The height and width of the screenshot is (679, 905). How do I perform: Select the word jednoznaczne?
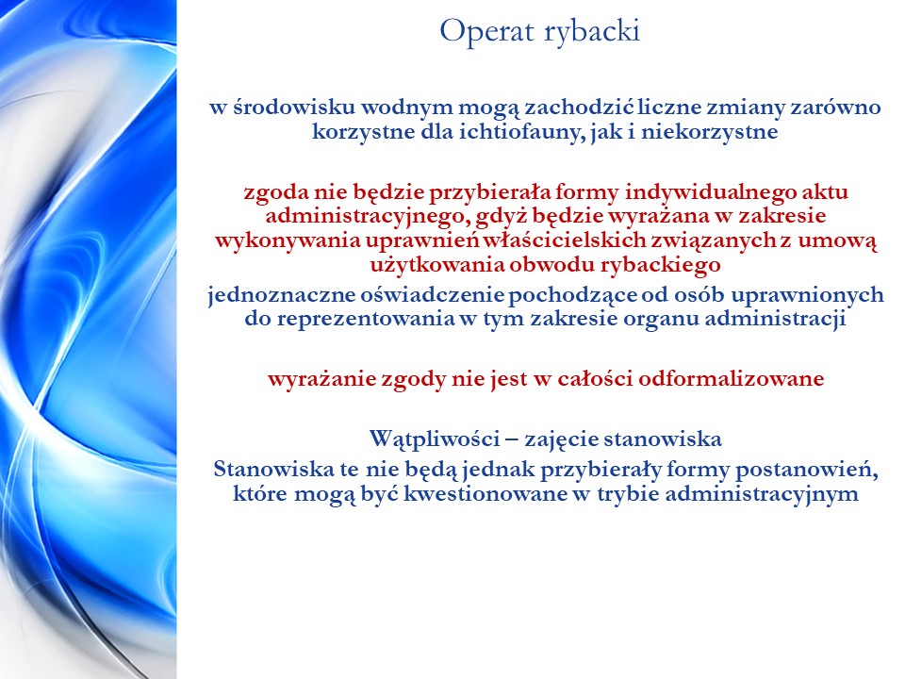(282, 295)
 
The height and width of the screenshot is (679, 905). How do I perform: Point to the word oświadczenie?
(433, 295)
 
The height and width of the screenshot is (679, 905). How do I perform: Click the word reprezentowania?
(366, 320)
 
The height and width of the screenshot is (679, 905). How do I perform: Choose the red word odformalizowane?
(732, 379)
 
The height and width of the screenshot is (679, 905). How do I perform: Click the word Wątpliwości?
(435, 439)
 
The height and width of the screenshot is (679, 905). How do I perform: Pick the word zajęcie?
(561, 440)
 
